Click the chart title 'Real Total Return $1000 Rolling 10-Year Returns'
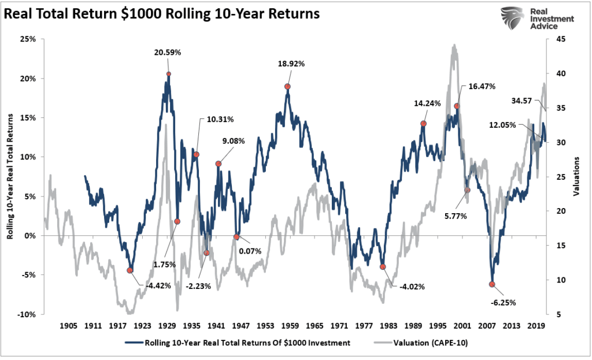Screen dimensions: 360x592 click(162, 14)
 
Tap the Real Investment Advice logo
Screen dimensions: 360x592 click(536, 19)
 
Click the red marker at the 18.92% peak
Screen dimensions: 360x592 click(287, 87)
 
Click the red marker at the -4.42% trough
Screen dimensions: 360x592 click(130, 270)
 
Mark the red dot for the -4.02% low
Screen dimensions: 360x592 click(383, 267)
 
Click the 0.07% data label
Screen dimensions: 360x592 click(250, 251)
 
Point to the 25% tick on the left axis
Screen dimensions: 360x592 click(28, 39)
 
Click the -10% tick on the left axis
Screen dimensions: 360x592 click(27, 314)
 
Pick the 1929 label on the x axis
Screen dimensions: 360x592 click(168, 325)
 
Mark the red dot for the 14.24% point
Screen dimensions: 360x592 click(423, 124)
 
